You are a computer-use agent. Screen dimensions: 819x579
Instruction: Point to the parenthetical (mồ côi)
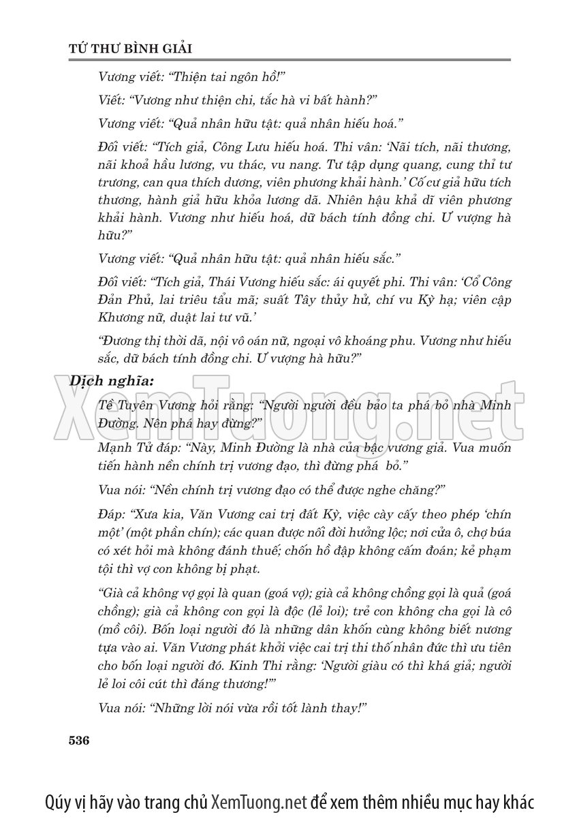click(x=125, y=629)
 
